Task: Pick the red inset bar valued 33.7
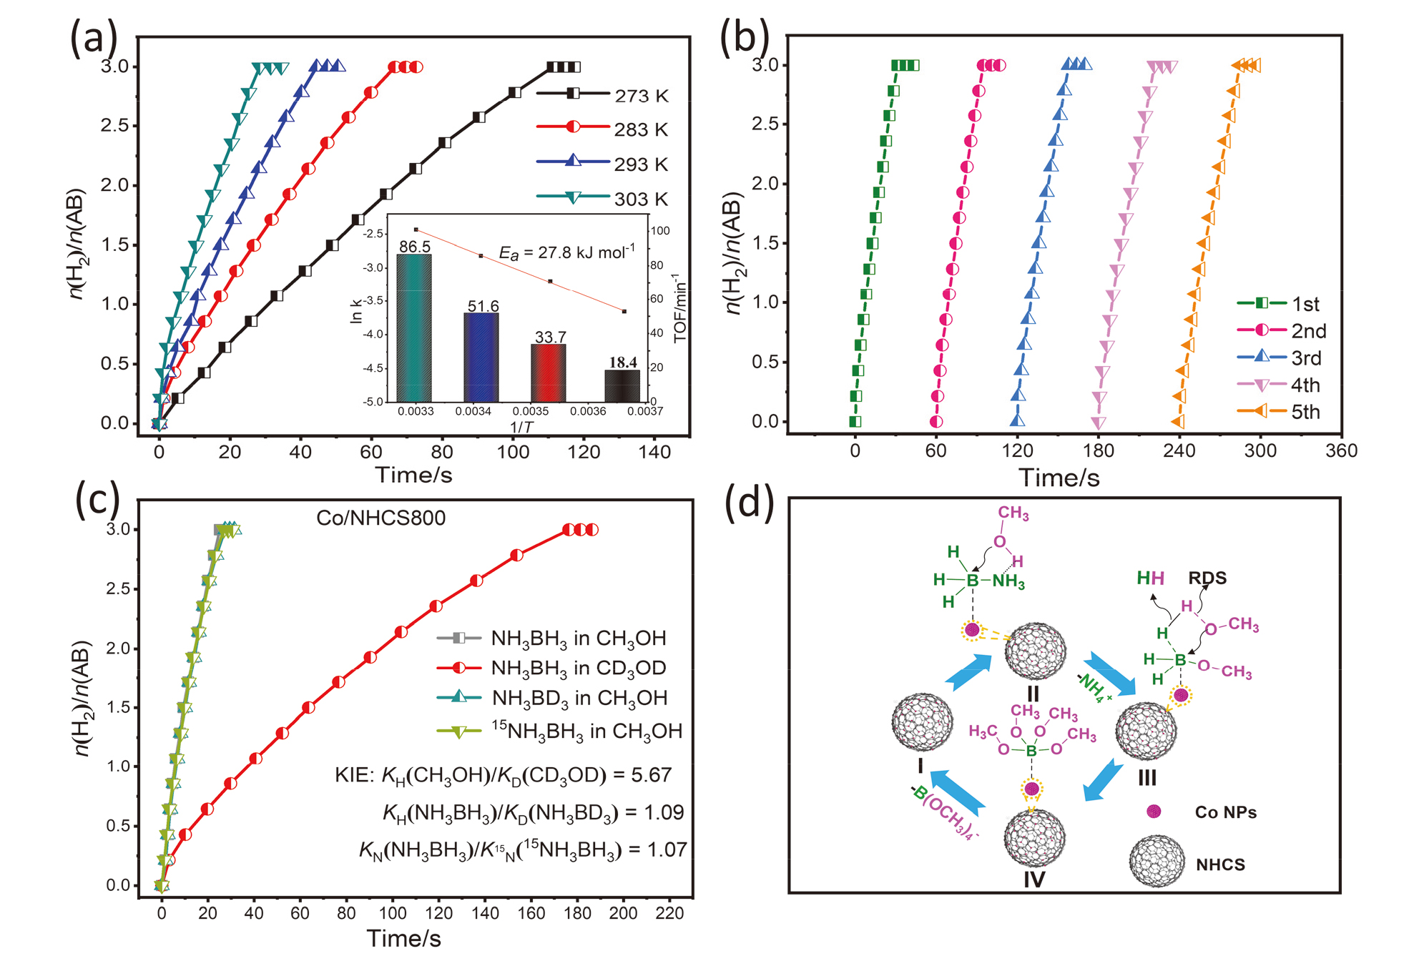coord(548,373)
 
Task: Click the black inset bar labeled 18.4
coord(622,385)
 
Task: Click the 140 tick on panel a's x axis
coord(654,452)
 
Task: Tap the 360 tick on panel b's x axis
coord(1341,450)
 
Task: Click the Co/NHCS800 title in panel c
coord(380,518)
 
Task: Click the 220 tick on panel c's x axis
coord(669,913)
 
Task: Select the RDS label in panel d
coord(1207,578)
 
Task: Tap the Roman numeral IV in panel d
coord(1033,879)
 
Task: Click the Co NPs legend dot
coord(1154,812)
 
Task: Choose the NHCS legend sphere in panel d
coord(1157,863)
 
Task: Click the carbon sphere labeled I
coord(923,722)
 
